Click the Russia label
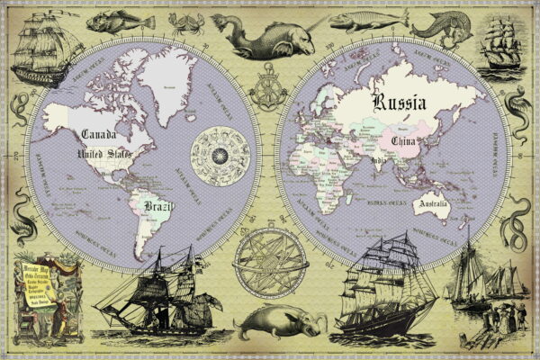click(x=401, y=102)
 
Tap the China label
click(x=400, y=140)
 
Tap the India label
click(x=379, y=161)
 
